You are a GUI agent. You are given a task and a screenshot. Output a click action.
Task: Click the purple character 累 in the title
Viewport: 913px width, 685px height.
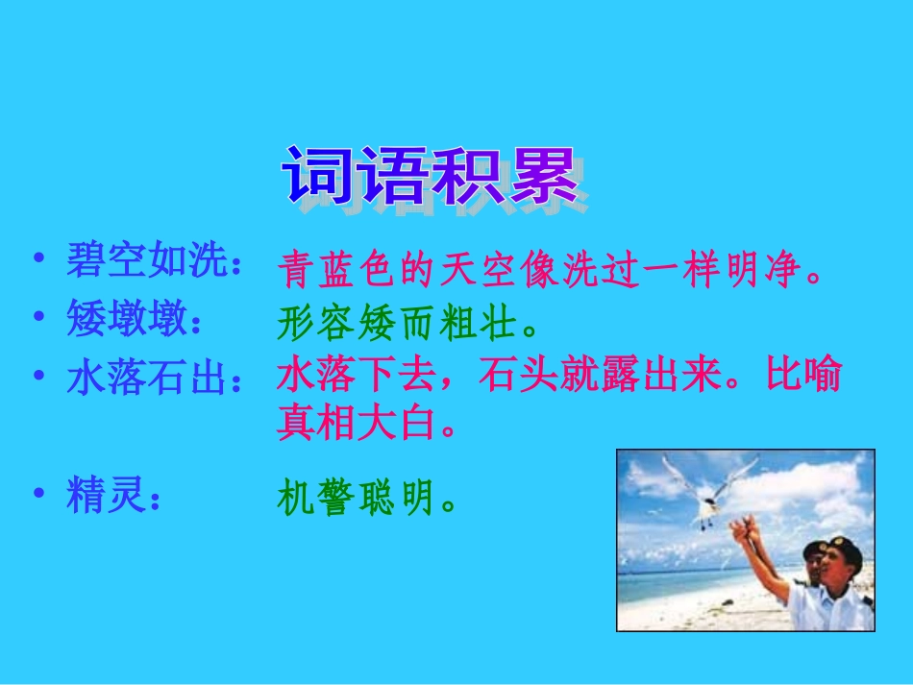tap(544, 176)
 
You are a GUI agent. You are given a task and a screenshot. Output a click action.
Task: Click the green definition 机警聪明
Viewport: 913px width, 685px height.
tap(365, 499)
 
